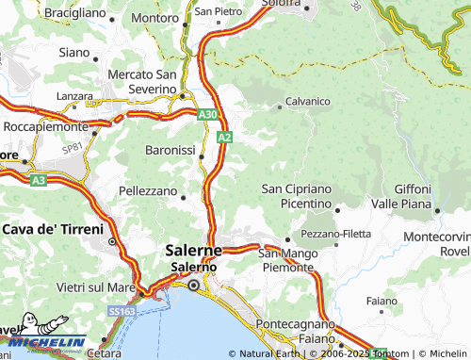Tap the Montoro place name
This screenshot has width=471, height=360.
(x=154, y=17)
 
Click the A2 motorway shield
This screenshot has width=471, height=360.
(x=224, y=138)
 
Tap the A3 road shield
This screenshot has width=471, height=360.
(x=38, y=179)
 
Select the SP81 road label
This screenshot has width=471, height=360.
(x=72, y=147)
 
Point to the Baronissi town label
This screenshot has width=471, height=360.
(x=170, y=151)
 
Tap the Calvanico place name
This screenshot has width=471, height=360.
(x=307, y=102)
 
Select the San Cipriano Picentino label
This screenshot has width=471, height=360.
(x=297, y=196)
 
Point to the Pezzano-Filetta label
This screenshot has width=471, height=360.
(x=335, y=233)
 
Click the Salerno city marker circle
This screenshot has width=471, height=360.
(x=194, y=285)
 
